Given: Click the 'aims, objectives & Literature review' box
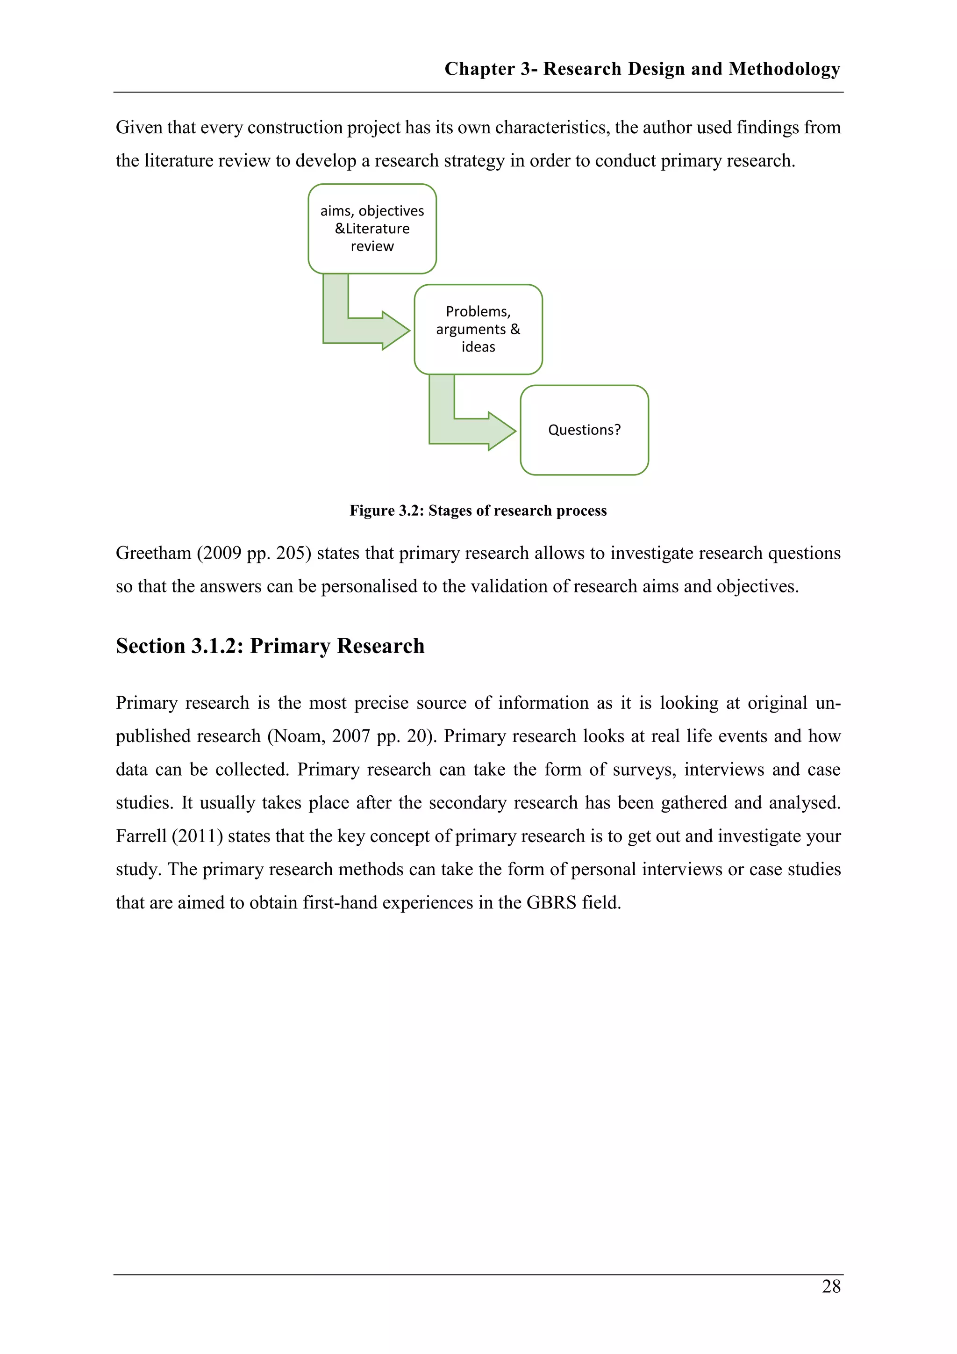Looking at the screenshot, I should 372,228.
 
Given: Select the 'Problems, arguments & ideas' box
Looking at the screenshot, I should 478,329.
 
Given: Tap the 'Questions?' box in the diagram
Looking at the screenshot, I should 584,430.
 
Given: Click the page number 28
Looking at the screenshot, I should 831,1286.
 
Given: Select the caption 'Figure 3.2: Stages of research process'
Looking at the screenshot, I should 478,510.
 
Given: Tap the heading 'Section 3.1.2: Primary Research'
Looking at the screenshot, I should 270,646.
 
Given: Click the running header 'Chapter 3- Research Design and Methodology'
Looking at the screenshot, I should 642,69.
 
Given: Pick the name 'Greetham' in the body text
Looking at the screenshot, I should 153,553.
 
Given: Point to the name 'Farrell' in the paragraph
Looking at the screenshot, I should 141,836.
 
